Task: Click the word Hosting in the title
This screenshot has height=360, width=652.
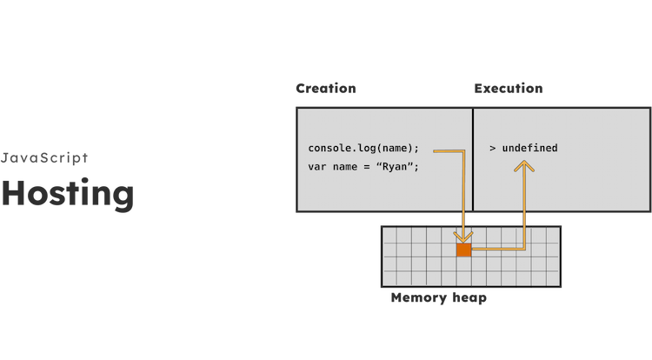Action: tap(68, 194)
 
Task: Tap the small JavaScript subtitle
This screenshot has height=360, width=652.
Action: tap(44, 158)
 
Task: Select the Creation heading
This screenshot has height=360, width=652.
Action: tap(326, 88)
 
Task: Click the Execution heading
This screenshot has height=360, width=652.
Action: tap(509, 88)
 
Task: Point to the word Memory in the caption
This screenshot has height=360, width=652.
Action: tap(419, 297)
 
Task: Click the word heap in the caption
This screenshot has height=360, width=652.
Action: tap(469, 298)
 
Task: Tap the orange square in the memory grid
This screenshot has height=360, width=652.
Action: tap(464, 250)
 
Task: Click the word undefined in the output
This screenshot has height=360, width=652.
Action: tap(529, 148)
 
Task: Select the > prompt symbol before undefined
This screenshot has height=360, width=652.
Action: tap(493, 149)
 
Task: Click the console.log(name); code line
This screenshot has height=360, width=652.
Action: tap(363, 149)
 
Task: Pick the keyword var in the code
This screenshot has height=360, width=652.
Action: tap(316, 167)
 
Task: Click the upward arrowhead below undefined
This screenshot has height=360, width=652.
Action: tap(524, 166)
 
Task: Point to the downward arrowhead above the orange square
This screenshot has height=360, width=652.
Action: tap(463, 237)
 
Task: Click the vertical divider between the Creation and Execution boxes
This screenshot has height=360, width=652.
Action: tap(473, 160)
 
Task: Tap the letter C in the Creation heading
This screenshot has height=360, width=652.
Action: tap(301, 89)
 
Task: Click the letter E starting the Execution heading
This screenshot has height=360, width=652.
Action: tap(478, 89)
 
